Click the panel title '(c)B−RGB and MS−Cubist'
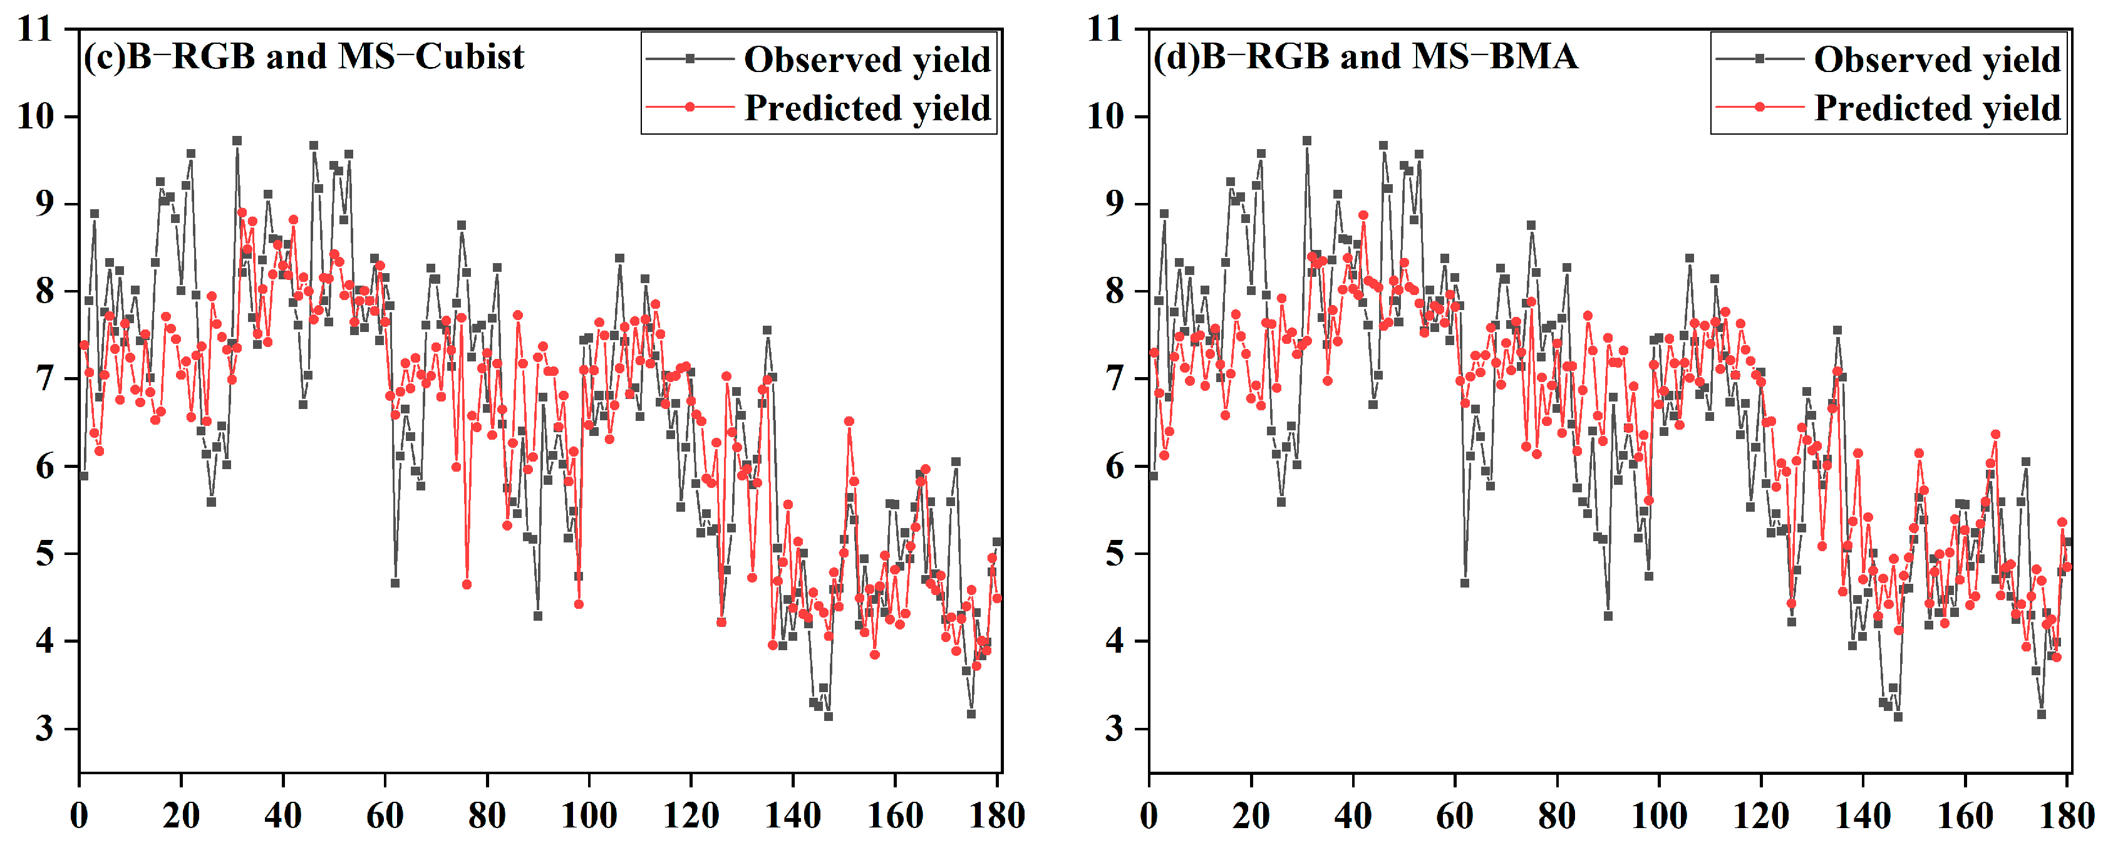[x=304, y=56]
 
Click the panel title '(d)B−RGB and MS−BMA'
[x=1365, y=56]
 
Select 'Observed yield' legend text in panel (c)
[x=867, y=60]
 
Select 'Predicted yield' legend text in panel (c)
[x=867, y=108]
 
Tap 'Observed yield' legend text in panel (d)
[x=1936, y=60]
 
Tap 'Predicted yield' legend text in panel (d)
[x=1936, y=108]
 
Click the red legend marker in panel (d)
[x=1759, y=107]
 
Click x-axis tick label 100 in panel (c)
[x=589, y=816]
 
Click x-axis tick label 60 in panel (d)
[x=1455, y=816]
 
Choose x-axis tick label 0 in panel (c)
[x=79, y=816]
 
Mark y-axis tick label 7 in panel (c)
[x=45, y=379]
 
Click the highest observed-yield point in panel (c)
[x=237, y=140]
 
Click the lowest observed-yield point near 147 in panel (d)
[x=1898, y=716]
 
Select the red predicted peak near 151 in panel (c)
[x=849, y=422]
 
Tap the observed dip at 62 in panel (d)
[x=1465, y=583]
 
